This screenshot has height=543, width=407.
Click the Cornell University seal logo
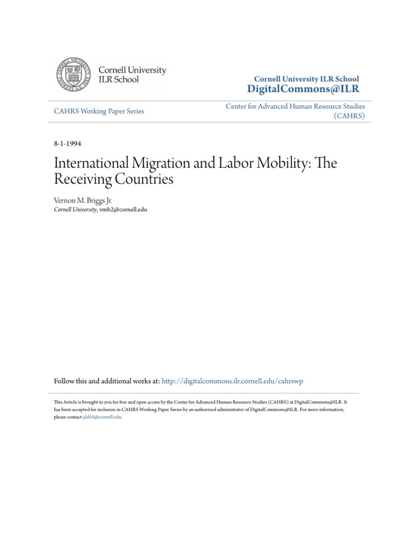click(x=75, y=75)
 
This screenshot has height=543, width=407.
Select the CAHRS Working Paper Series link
click(x=99, y=111)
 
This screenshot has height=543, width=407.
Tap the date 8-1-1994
click(x=68, y=144)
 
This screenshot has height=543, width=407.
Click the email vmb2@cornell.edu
click(x=122, y=209)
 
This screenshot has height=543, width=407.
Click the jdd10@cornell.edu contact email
click(x=102, y=417)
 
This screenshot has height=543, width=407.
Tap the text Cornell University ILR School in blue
click(x=306, y=79)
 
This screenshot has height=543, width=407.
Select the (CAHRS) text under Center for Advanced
click(x=349, y=116)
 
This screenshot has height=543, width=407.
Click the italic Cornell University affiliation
click(x=75, y=209)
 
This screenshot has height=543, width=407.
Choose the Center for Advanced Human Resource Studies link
click(x=295, y=107)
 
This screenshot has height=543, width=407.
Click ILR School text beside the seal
click(x=119, y=80)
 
